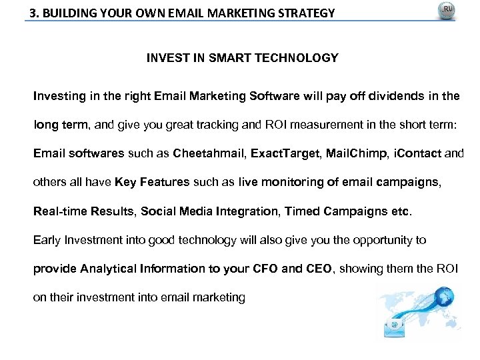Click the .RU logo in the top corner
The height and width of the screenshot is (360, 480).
[x=445, y=11]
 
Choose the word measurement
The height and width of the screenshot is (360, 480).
[x=321, y=125]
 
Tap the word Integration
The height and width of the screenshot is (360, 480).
[x=248, y=211]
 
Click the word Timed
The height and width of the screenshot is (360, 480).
[x=301, y=211]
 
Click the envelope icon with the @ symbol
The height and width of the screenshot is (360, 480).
[x=394, y=325]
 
